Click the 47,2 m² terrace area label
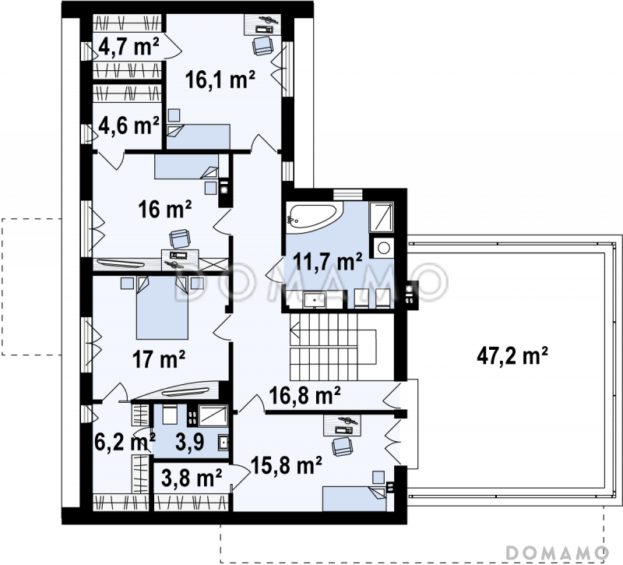512,356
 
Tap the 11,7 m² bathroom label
327,261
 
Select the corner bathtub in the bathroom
315,216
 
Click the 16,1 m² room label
220,79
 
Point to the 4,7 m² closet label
128,47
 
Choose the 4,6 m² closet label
128,125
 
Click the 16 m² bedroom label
165,209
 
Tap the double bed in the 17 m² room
162,308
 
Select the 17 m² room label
159,359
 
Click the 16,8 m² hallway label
304,396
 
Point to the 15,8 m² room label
286,465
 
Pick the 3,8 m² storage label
192,478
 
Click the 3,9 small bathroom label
190,442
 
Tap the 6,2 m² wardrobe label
125,442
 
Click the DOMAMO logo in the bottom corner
557,553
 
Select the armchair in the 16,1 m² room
262,45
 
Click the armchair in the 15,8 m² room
342,447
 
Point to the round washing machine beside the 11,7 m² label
383,248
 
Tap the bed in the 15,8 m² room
354,499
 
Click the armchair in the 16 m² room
180,239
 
